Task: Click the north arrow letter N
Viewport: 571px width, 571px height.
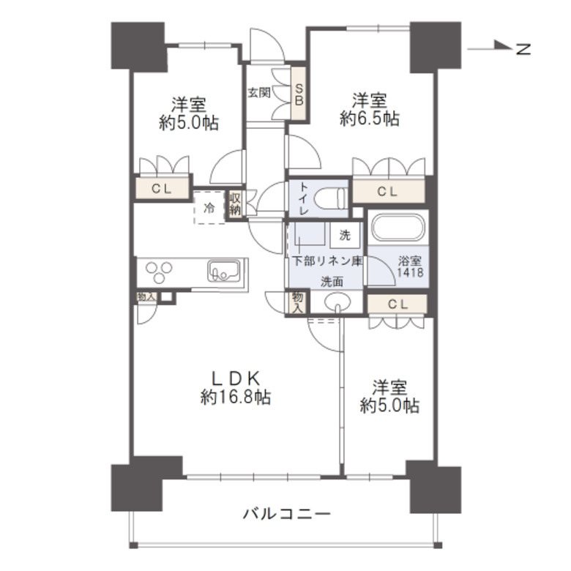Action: pyautogui.click(x=523, y=49)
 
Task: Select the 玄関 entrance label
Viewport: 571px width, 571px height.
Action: pyautogui.click(x=258, y=93)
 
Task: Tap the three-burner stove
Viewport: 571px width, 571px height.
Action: pyautogui.click(x=160, y=272)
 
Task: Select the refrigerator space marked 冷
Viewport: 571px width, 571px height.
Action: pyautogui.click(x=209, y=208)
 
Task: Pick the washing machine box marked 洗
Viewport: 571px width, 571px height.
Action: pyautogui.click(x=345, y=235)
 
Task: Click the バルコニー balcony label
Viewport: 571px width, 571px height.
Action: pyautogui.click(x=286, y=513)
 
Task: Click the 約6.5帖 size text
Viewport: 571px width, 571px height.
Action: pyautogui.click(x=369, y=119)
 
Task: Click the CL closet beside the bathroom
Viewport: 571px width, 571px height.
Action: pyautogui.click(x=396, y=303)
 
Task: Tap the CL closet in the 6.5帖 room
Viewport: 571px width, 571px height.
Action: pyautogui.click(x=388, y=192)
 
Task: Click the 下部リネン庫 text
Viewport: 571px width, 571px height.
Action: pyautogui.click(x=326, y=260)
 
